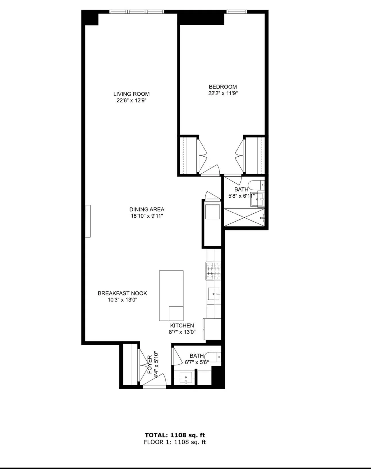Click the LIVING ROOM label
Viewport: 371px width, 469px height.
click(x=131, y=94)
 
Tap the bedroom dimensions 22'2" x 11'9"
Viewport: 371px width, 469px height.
click(x=223, y=93)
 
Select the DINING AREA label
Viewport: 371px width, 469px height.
click(x=147, y=209)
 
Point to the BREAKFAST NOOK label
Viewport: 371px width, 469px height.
click(x=122, y=293)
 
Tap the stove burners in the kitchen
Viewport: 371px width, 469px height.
click(x=213, y=271)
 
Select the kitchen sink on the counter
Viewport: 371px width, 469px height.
click(x=214, y=294)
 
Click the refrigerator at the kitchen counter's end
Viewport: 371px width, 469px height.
click(x=212, y=329)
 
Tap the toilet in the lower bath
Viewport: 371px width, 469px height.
click(x=214, y=357)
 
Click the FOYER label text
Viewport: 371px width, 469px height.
click(x=150, y=364)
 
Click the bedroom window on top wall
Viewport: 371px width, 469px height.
click(x=237, y=12)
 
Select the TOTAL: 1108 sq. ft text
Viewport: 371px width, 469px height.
click(x=175, y=435)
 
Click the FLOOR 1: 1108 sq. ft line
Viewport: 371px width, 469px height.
click(x=175, y=442)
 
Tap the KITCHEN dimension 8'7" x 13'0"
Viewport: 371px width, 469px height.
click(x=182, y=332)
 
